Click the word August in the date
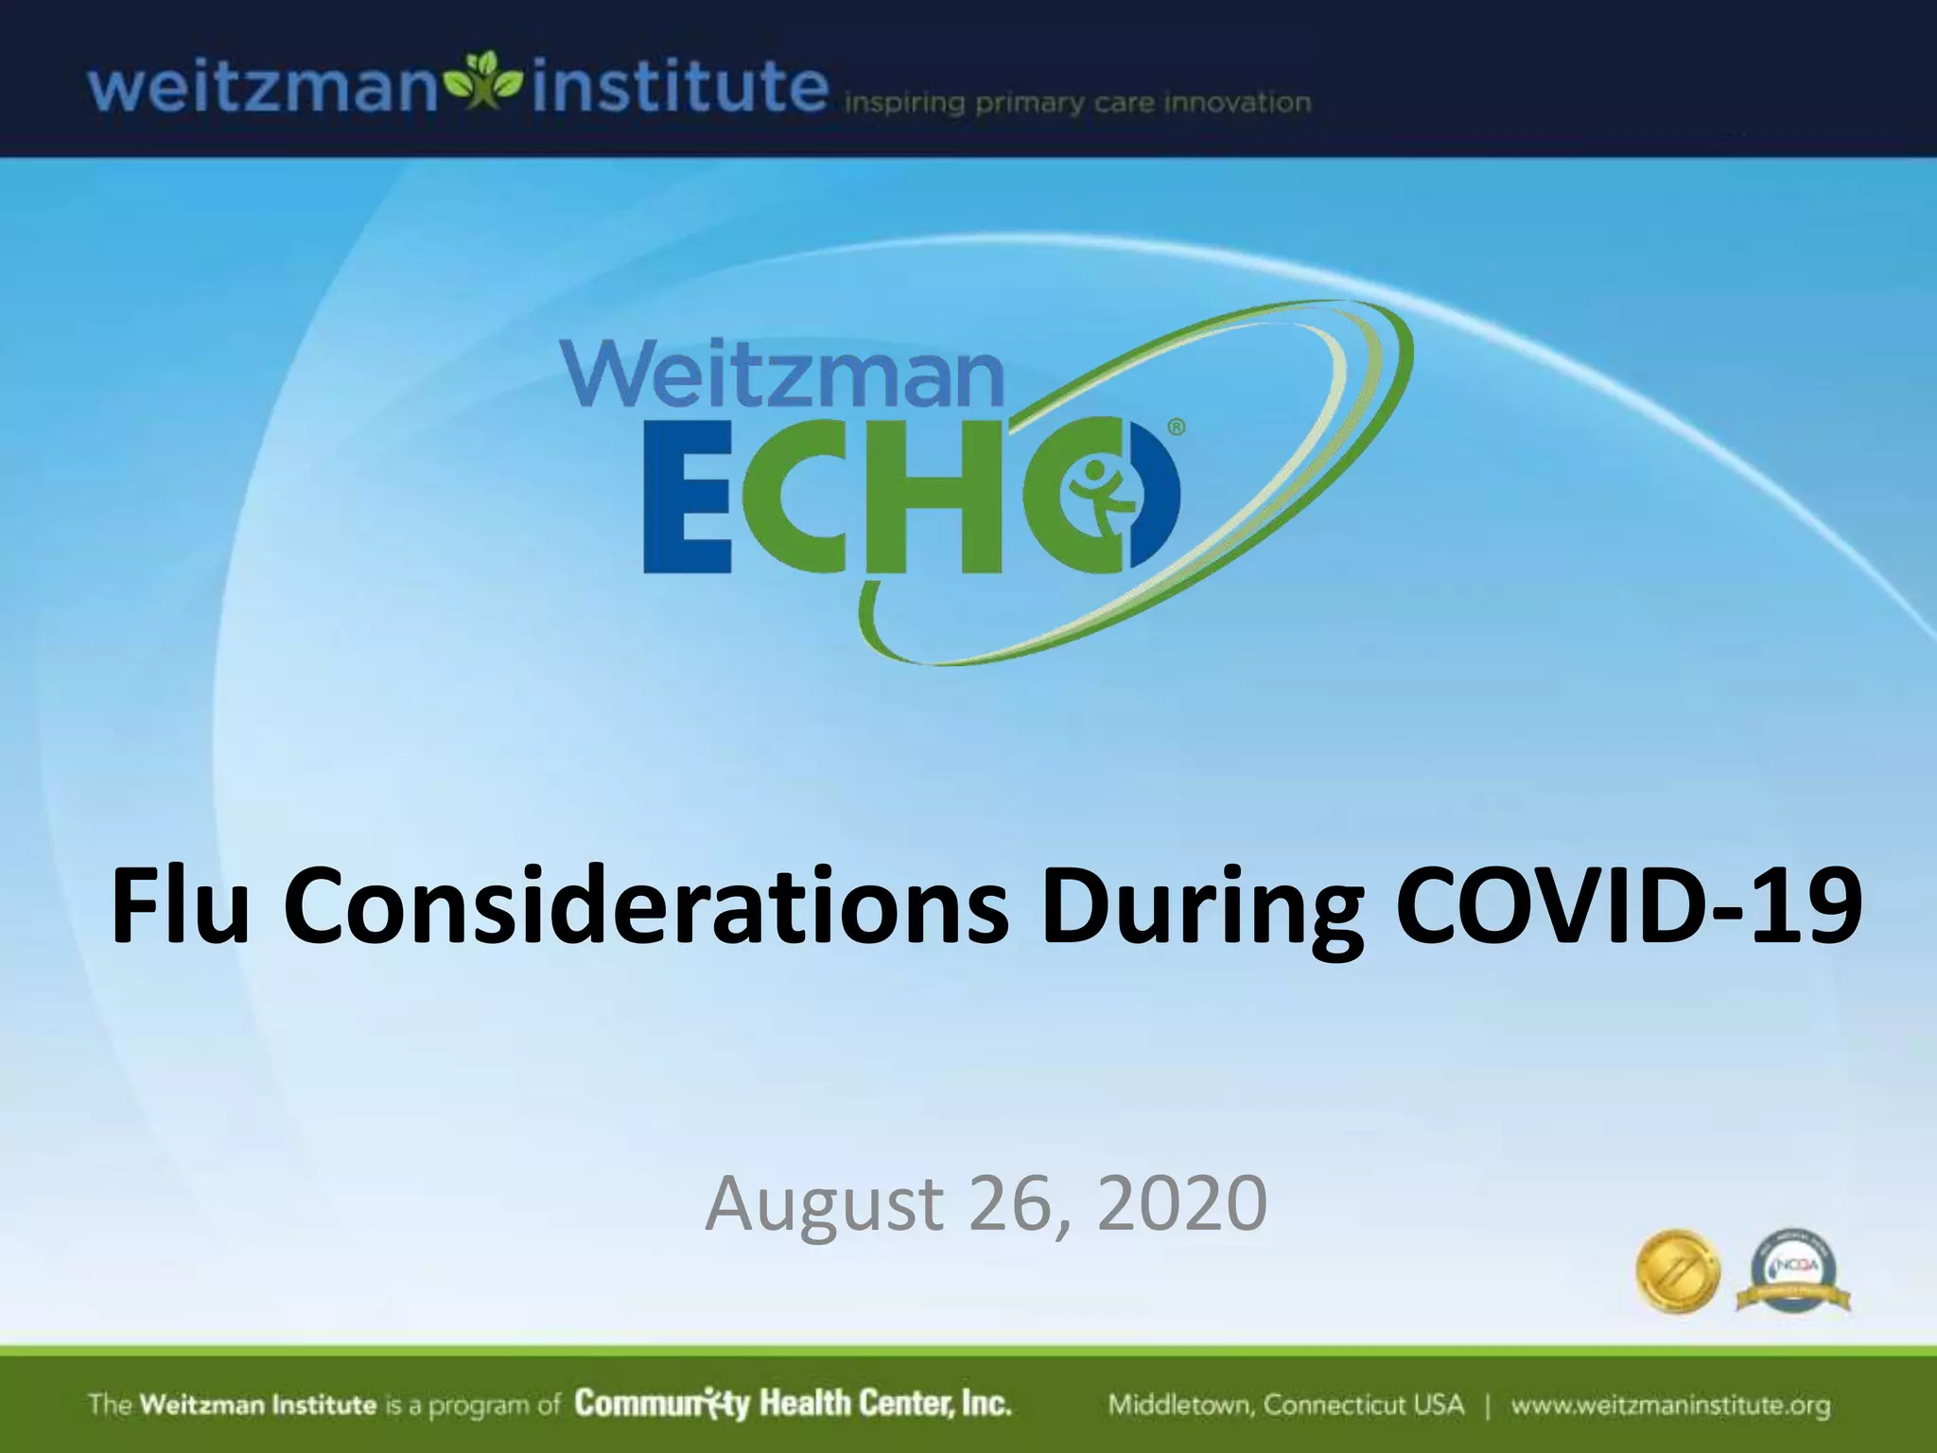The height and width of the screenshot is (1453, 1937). pos(824,1203)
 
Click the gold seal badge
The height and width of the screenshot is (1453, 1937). pos(1677,1270)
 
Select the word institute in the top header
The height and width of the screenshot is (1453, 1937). pos(679,87)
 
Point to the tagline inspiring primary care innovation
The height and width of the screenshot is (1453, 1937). pos(1076,103)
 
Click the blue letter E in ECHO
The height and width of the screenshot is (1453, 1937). pos(687,512)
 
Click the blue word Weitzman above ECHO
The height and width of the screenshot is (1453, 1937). pos(782,376)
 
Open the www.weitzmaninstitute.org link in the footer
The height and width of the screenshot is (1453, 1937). pos(1670,1405)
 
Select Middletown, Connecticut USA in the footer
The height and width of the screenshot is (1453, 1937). pos(1285,1405)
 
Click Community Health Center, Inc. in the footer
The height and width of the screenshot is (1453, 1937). pos(793,1404)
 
